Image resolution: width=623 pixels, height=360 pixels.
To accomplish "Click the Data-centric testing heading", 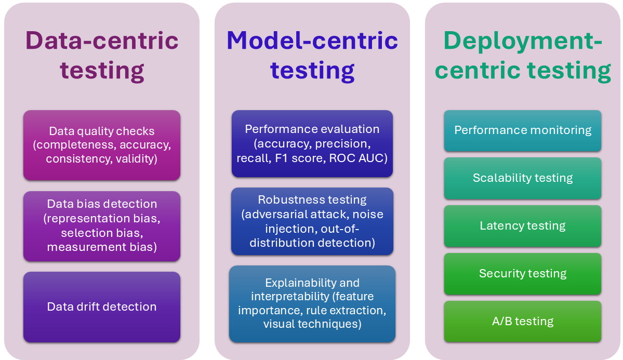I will (x=102, y=55).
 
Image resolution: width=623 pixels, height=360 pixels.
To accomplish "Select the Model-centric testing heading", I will (x=312, y=55).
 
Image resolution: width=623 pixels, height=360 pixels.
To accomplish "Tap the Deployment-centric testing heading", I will (x=523, y=55).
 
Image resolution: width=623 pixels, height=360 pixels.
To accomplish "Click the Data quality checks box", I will (x=102, y=145).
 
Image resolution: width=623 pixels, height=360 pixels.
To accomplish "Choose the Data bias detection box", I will (x=102, y=225).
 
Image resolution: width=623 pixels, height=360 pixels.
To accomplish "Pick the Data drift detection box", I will (x=102, y=306).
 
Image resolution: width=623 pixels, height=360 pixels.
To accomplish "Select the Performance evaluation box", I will (x=312, y=143).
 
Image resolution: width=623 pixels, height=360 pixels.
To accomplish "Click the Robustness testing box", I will (x=312, y=221).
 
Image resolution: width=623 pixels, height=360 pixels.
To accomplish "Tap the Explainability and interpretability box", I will (x=312, y=303).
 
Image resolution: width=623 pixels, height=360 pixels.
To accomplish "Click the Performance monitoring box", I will (x=523, y=130).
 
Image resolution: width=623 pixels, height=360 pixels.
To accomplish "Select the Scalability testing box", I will (x=523, y=178).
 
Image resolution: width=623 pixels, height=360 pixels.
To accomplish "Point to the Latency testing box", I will (x=523, y=225).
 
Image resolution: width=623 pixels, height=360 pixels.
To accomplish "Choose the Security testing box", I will (x=523, y=273).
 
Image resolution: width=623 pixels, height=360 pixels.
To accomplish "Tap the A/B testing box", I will (x=523, y=321).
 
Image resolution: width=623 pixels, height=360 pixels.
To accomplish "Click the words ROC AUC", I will (x=358, y=158).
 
